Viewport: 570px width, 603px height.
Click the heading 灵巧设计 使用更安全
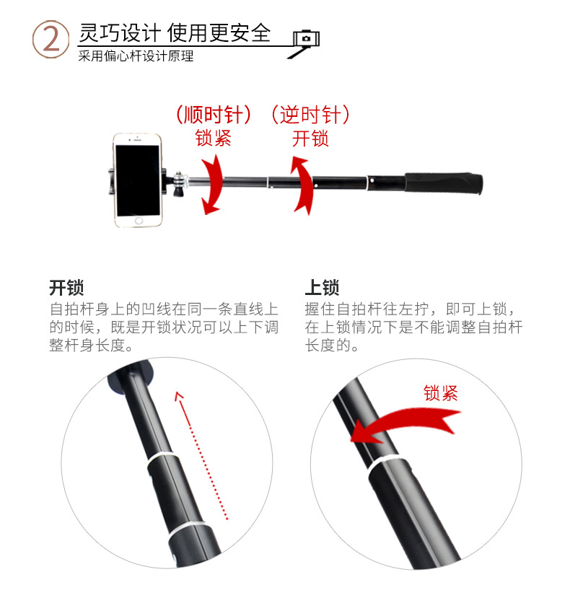click(175, 32)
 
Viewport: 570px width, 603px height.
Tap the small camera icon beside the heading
click(306, 38)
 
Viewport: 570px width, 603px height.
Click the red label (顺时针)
click(214, 114)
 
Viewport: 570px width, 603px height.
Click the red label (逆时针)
click(310, 114)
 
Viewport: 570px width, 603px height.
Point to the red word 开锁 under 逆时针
click(310, 138)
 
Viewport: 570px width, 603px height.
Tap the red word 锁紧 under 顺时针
click(214, 138)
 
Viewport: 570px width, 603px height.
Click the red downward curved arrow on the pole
click(211, 185)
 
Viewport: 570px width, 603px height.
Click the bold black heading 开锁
click(67, 288)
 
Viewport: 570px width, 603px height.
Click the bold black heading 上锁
click(322, 288)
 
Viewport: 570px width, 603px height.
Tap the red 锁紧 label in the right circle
click(440, 393)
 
